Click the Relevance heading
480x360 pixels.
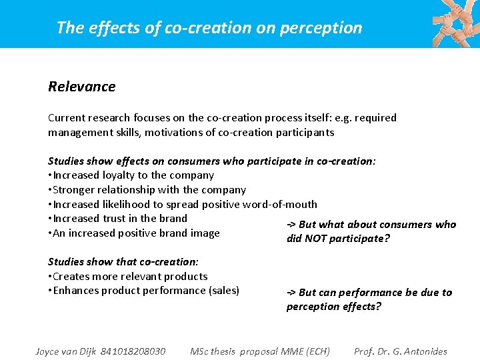click(x=81, y=87)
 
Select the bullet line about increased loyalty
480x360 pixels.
click(x=131, y=175)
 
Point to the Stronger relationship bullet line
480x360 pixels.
click(x=147, y=190)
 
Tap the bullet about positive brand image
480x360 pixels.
click(x=134, y=233)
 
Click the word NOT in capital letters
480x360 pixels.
click(x=319, y=239)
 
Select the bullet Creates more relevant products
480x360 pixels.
click(x=128, y=276)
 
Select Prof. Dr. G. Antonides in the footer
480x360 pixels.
click(x=401, y=351)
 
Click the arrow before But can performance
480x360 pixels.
click(x=291, y=293)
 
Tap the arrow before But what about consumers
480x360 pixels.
click(x=291, y=225)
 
